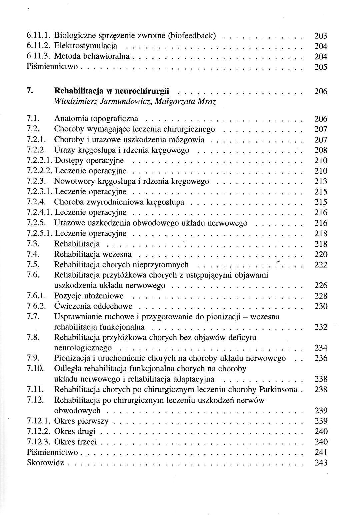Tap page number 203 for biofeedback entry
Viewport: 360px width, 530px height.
[x=321, y=35]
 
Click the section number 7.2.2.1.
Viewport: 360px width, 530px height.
[x=40, y=160]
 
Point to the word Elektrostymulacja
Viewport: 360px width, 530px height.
[x=85, y=46]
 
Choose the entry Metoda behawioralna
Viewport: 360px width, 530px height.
[x=92, y=56]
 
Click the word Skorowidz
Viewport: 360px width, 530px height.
[x=46, y=463]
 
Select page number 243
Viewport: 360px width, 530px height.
[x=321, y=463]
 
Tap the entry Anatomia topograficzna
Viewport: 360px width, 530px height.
[x=96, y=118]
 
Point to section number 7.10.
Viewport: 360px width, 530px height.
[x=34, y=368]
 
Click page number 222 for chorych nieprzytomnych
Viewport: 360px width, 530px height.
[x=321, y=265]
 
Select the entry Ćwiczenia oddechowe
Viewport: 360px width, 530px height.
[x=93, y=306]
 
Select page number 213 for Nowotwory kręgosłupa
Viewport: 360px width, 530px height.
[x=321, y=181]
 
